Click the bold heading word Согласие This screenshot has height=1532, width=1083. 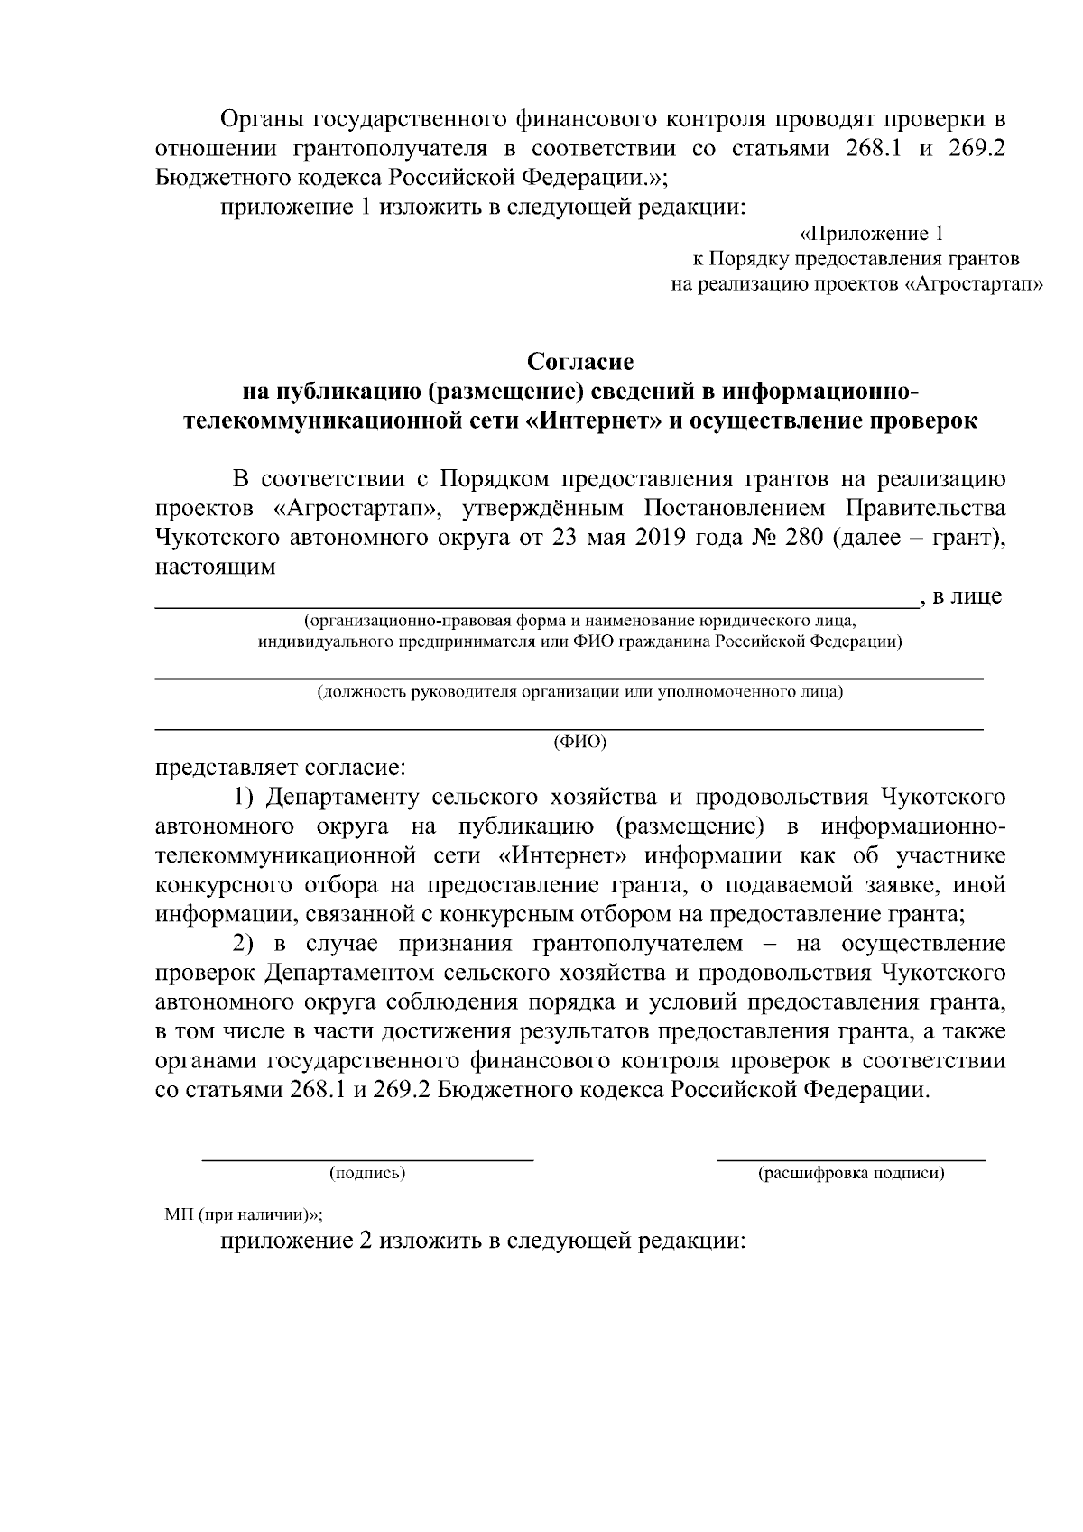point(580,362)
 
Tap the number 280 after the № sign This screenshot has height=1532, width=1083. point(802,538)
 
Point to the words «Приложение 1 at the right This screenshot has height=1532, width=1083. point(872,235)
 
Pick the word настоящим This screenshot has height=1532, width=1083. point(215,568)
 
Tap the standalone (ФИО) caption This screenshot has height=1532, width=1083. point(579,742)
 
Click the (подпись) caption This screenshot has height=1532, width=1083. point(366,1173)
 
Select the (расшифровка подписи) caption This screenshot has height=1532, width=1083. point(851,1173)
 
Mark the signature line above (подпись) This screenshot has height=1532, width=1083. point(366,1157)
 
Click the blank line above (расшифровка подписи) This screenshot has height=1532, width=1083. point(851,1158)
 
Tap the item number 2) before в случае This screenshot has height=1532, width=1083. point(245,943)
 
